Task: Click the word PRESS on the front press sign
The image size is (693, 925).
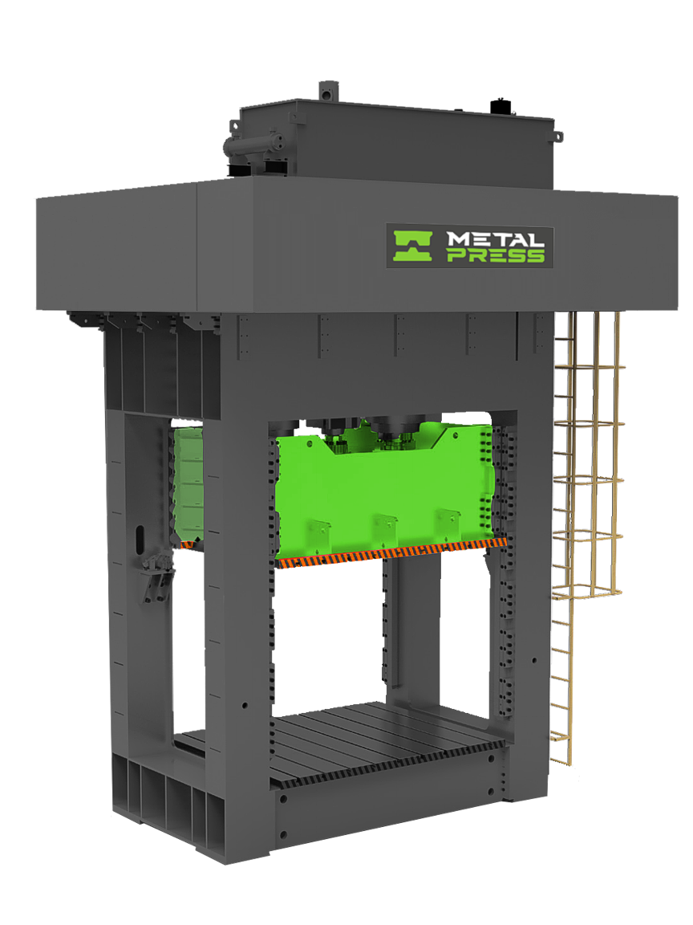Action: point(495,256)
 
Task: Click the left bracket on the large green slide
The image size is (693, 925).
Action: point(320,531)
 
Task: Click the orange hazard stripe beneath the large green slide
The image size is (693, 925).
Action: point(393,555)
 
